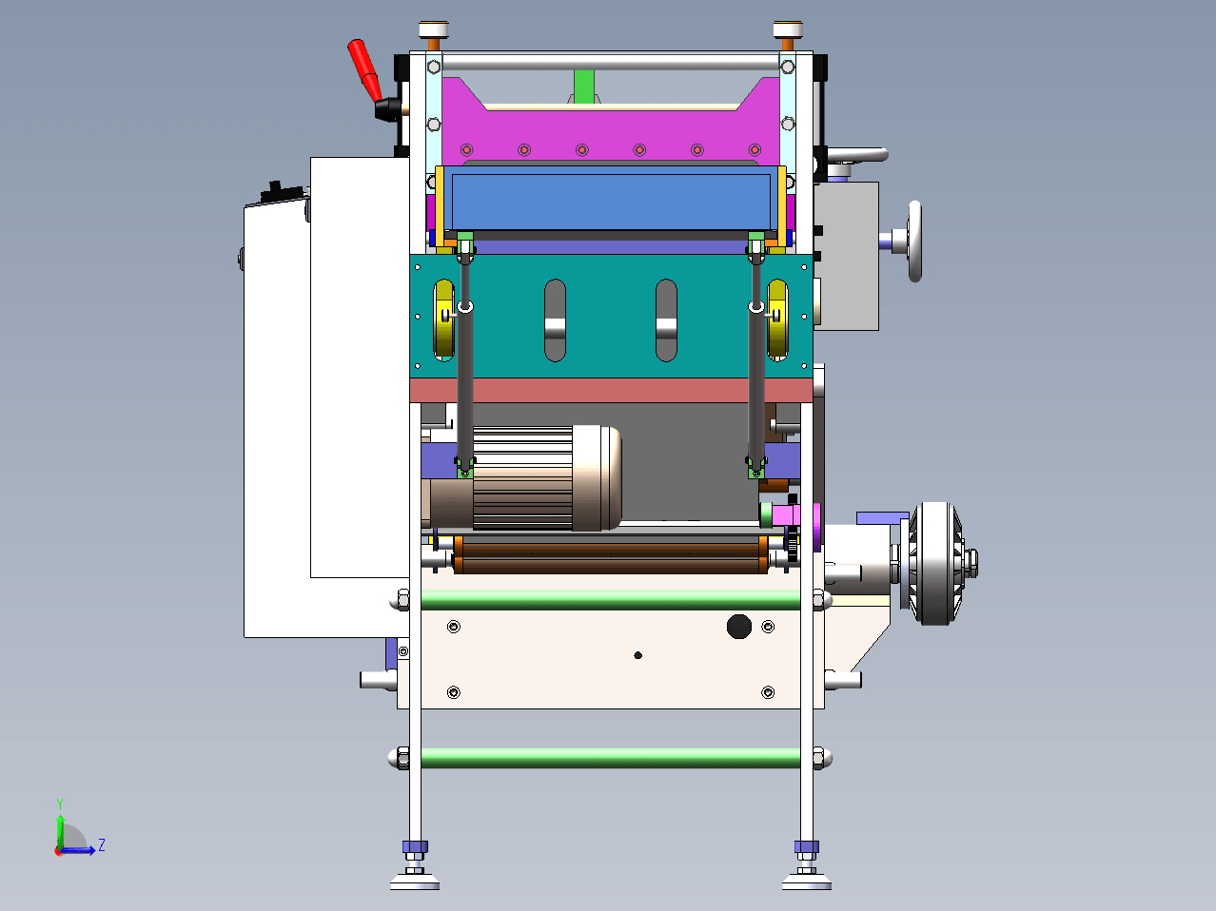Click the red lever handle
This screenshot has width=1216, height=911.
[x=364, y=70]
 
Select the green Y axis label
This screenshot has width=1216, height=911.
[x=60, y=804]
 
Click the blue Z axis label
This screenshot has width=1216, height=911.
[x=102, y=844]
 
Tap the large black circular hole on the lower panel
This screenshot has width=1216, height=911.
[x=738, y=626]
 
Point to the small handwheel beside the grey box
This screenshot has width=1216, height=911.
[x=914, y=241]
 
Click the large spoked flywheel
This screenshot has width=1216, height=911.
[x=935, y=563]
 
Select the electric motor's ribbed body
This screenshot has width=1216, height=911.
[x=522, y=478]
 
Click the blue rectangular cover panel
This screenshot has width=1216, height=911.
[x=611, y=198]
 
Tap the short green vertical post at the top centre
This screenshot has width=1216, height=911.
[x=583, y=87]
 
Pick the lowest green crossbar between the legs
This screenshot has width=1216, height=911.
[x=611, y=758]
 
